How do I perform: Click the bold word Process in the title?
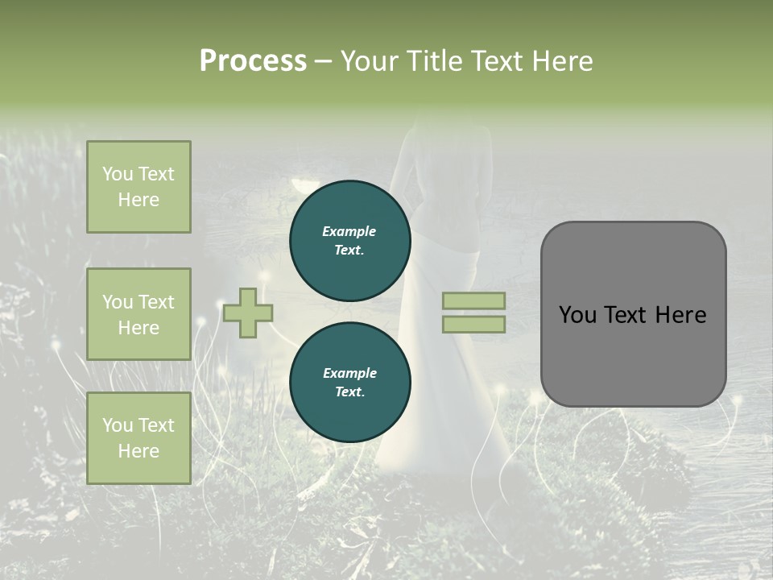pyautogui.click(x=253, y=60)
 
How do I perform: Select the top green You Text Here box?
pyautogui.click(x=138, y=187)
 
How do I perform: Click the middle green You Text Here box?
pyautogui.click(x=138, y=314)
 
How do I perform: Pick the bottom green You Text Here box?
pyautogui.click(x=138, y=438)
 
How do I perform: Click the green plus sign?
pyautogui.click(x=248, y=313)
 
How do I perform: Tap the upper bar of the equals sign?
pyautogui.click(x=473, y=300)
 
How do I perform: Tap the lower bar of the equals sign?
pyautogui.click(x=473, y=324)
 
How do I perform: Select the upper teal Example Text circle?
pyautogui.click(x=350, y=240)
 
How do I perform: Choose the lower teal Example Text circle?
pyautogui.click(x=350, y=382)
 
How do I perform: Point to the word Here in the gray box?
pyautogui.click(x=680, y=315)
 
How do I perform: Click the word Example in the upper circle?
pyautogui.click(x=349, y=231)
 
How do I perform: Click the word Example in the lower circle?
pyautogui.click(x=349, y=373)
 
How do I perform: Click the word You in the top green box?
pyautogui.click(x=117, y=174)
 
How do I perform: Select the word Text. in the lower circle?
pyautogui.click(x=349, y=391)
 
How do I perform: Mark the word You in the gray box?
pyautogui.click(x=577, y=315)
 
